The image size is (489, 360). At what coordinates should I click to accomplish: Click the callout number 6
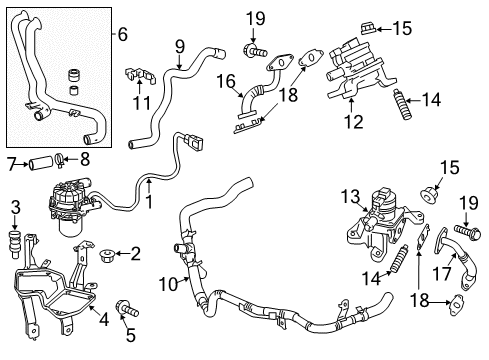click(122, 34)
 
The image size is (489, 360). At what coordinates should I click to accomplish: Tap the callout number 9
click(179, 45)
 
